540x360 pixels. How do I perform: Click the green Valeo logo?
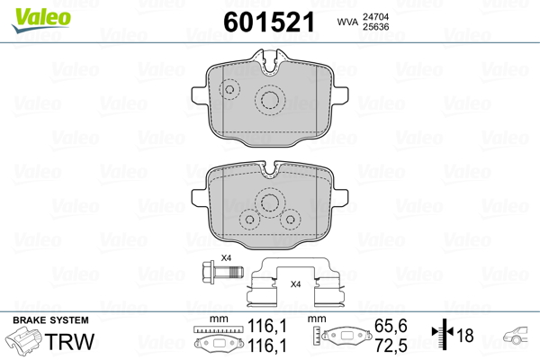pyautogui.click(x=41, y=20)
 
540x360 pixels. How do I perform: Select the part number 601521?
pyautogui.click(x=269, y=22)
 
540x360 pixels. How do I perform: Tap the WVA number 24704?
pyautogui.click(x=375, y=17)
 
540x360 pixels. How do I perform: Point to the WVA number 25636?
pyautogui.click(x=375, y=27)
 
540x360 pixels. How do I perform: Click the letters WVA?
pyautogui.click(x=347, y=22)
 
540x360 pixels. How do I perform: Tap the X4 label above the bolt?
pyautogui.click(x=226, y=257)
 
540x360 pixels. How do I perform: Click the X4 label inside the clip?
pyautogui.click(x=295, y=284)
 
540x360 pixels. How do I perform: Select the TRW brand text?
pyautogui.click(x=69, y=342)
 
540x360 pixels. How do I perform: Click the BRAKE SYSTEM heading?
pyautogui.click(x=50, y=320)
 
